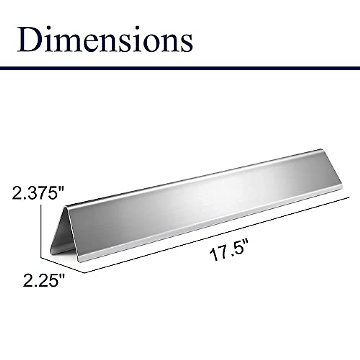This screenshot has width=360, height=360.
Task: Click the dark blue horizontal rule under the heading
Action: [180, 68]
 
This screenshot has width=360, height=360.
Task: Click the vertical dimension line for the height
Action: [41, 231]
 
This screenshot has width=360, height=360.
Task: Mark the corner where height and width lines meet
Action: [41, 257]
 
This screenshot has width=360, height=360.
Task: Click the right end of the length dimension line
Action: [350, 197]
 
